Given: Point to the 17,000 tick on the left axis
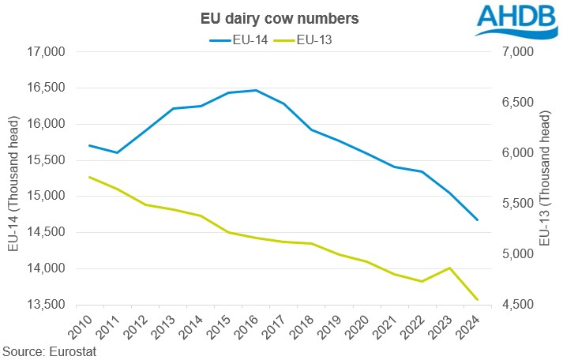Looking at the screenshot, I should point(45,52).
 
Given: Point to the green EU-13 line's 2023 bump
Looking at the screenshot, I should point(449,268).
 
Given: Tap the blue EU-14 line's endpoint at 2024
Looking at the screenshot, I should point(477,219).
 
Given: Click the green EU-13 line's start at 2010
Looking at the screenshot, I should point(89,177).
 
